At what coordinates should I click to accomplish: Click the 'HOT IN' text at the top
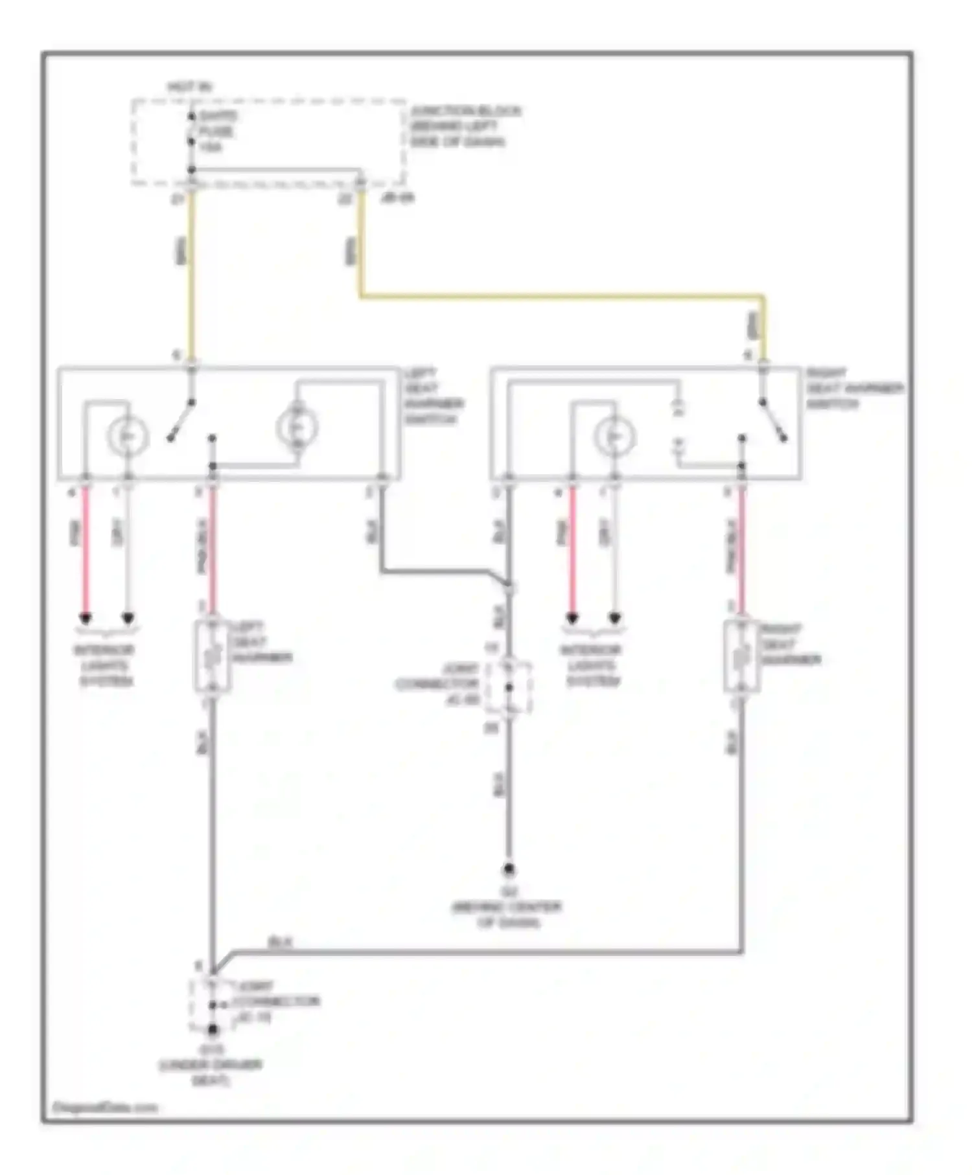coord(190,87)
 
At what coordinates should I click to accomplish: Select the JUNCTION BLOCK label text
coord(464,126)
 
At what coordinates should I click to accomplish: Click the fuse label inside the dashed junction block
coord(217,131)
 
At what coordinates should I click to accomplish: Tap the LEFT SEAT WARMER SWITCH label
coord(433,396)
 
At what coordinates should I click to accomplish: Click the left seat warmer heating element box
coord(212,656)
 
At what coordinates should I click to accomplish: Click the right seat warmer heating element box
coord(741,657)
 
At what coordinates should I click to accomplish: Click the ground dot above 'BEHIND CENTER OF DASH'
coord(509,869)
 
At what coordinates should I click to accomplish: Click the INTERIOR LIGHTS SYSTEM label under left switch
coord(106,666)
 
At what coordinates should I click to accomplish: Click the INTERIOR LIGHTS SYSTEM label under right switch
coord(592,666)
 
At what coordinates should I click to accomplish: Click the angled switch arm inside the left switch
coord(181,420)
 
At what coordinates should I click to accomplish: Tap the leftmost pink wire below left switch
coord(85,551)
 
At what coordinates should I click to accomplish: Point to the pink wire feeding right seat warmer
coord(741,551)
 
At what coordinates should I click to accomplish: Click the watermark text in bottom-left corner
coord(105,1108)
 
